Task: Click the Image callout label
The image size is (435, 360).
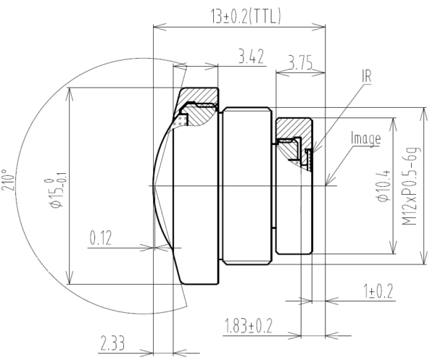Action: [x=365, y=138]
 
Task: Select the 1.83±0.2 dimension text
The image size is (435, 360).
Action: [x=248, y=325]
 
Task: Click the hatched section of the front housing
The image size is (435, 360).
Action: [x=199, y=97]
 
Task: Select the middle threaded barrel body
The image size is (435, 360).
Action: [x=246, y=186]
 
